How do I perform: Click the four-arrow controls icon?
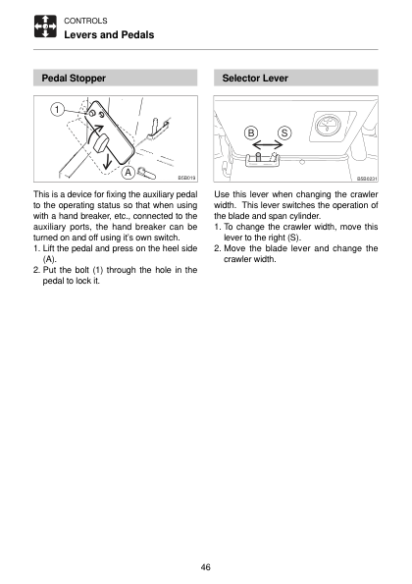[45, 27]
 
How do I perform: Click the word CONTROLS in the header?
[85, 21]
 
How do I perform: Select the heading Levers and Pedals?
[109, 35]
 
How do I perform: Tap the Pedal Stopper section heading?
[74, 79]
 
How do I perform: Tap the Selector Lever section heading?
[255, 79]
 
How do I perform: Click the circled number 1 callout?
[57, 110]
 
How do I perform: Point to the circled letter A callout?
[129, 173]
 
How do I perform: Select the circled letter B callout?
[251, 133]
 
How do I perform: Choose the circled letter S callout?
[284, 133]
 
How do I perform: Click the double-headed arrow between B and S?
[268, 144]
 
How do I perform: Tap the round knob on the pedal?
[100, 143]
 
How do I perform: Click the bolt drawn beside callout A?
[146, 173]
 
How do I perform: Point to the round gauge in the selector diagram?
[329, 125]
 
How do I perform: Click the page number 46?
[205, 567]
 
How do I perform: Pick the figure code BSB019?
[186, 178]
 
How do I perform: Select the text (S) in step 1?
[293, 238]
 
